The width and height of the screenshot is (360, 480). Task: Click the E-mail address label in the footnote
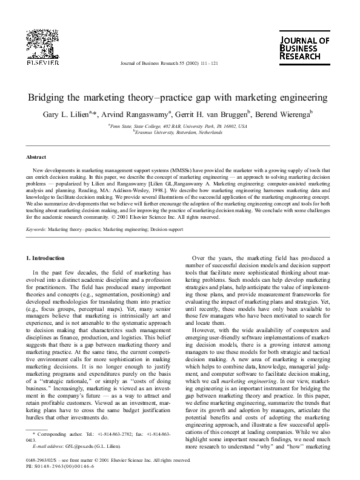pos(46,446)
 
